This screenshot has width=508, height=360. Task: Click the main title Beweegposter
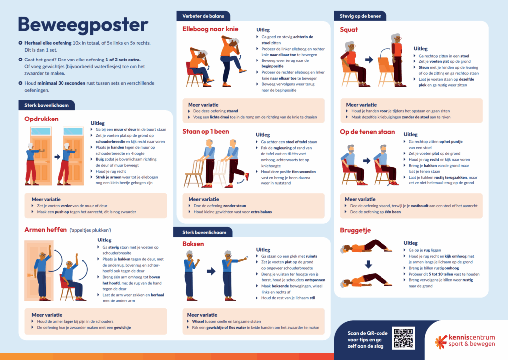(83, 24)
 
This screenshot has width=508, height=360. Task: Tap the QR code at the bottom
(403, 338)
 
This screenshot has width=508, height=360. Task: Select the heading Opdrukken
(42, 119)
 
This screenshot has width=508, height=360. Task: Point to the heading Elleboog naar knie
(211, 29)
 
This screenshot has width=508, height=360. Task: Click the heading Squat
(349, 30)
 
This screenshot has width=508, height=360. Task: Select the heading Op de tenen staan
(368, 132)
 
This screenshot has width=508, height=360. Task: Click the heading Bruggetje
(355, 230)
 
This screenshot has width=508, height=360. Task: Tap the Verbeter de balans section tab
(204, 16)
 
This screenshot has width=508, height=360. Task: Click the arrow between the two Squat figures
(369, 60)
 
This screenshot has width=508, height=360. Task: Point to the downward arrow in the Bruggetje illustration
(368, 264)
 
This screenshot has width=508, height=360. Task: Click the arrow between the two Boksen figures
(211, 271)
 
